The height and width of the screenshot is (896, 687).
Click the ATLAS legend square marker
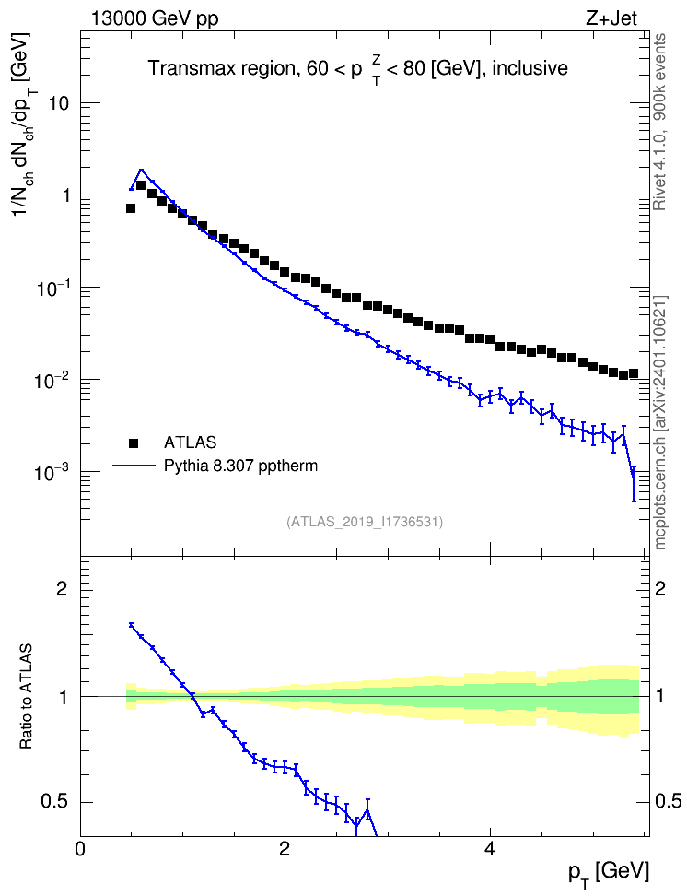click(x=134, y=442)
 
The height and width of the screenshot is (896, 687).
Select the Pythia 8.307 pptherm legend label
click(x=240, y=466)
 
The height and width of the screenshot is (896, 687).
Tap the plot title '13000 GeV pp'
click(x=155, y=18)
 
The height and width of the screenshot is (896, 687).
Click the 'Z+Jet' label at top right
click(x=611, y=18)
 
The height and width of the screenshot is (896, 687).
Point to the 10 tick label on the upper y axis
click(x=59, y=103)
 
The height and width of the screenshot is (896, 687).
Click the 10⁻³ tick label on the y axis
click(x=53, y=473)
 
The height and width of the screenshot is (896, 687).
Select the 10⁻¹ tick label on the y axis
click(x=53, y=288)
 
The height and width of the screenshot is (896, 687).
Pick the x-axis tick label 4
click(x=489, y=848)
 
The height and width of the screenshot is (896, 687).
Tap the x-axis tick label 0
click(x=80, y=848)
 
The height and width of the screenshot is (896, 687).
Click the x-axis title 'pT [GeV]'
click(x=609, y=873)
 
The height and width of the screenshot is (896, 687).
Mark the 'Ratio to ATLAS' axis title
click(x=25, y=696)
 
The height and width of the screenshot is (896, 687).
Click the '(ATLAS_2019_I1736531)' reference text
click(x=365, y=522)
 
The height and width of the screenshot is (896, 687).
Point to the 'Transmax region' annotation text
click(x=220, y=68)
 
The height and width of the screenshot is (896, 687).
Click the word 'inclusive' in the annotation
click(x=530, y=68)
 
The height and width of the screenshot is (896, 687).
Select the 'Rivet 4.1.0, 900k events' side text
click(x=659, y=122)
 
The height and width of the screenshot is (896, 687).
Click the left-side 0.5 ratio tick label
click(x=54, y=802)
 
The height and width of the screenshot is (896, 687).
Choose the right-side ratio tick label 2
click(x=660, y=588)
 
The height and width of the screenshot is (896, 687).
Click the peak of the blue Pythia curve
click(x=142, y=170)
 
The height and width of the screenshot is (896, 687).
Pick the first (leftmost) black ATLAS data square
click(x=131, y=208)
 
